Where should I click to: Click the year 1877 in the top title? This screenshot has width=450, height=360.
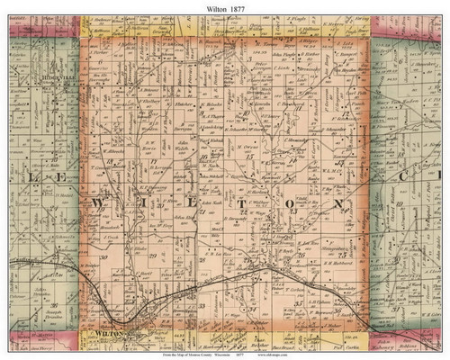pyautogui.click(x=241, y=8)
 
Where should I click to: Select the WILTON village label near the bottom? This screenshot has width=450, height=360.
pyautogui.click(x=107, y=334)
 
